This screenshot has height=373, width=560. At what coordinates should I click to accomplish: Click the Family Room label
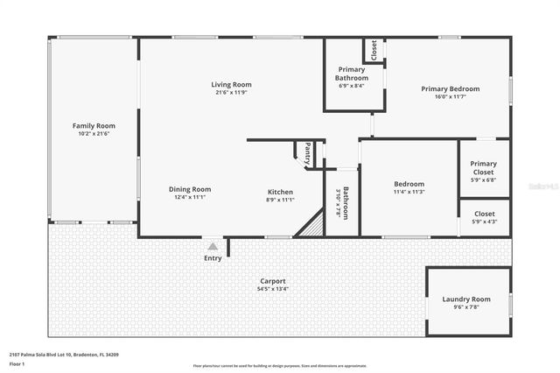click(94, 126)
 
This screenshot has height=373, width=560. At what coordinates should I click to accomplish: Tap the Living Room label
click(231, 84)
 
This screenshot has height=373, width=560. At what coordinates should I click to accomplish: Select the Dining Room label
click(190, 189)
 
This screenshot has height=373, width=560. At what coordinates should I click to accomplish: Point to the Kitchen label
click(280, 192)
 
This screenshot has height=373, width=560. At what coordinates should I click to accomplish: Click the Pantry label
click(307, 154)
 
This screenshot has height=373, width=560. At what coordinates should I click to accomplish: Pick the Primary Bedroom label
click(450, 88)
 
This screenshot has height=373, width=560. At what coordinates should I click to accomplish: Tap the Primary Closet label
click(483, 168)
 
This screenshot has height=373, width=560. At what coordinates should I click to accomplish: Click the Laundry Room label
click(466, 299)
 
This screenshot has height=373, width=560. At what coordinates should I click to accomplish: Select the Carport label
click(273, 281)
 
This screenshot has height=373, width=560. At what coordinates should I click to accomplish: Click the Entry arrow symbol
click(213, 247)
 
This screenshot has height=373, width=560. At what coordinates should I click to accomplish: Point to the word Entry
click(213, 258)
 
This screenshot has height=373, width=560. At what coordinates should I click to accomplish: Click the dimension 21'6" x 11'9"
click(231, 92)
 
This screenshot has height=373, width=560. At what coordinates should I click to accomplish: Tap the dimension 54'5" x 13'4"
click(273, 289)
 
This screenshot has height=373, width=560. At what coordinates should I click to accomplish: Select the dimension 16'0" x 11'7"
click(450, 96)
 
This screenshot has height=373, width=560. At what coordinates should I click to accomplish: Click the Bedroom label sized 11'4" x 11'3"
click(409, 184)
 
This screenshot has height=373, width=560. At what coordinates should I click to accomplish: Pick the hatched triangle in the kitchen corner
click(311, 226)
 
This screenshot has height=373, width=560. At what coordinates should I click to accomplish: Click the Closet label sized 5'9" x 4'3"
click(484, 214)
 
